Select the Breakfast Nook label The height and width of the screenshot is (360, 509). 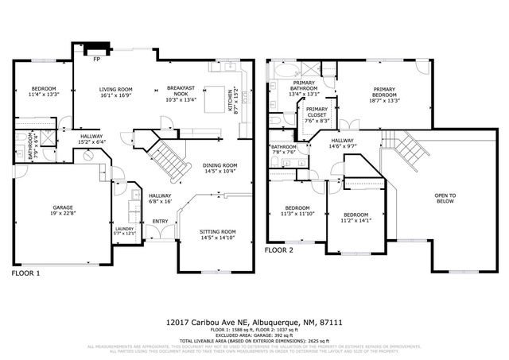pos(181,92)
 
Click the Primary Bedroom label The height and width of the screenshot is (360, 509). pos(384,95)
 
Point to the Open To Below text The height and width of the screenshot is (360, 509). pos(445,199)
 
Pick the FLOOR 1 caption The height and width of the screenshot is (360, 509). pos(26,273)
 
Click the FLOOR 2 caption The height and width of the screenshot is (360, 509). pos(279,250)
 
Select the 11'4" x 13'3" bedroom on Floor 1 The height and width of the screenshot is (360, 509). pos(43,91)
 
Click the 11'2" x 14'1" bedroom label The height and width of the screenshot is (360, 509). pos(356,218)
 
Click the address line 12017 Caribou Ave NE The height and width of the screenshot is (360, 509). pos(254,322)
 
